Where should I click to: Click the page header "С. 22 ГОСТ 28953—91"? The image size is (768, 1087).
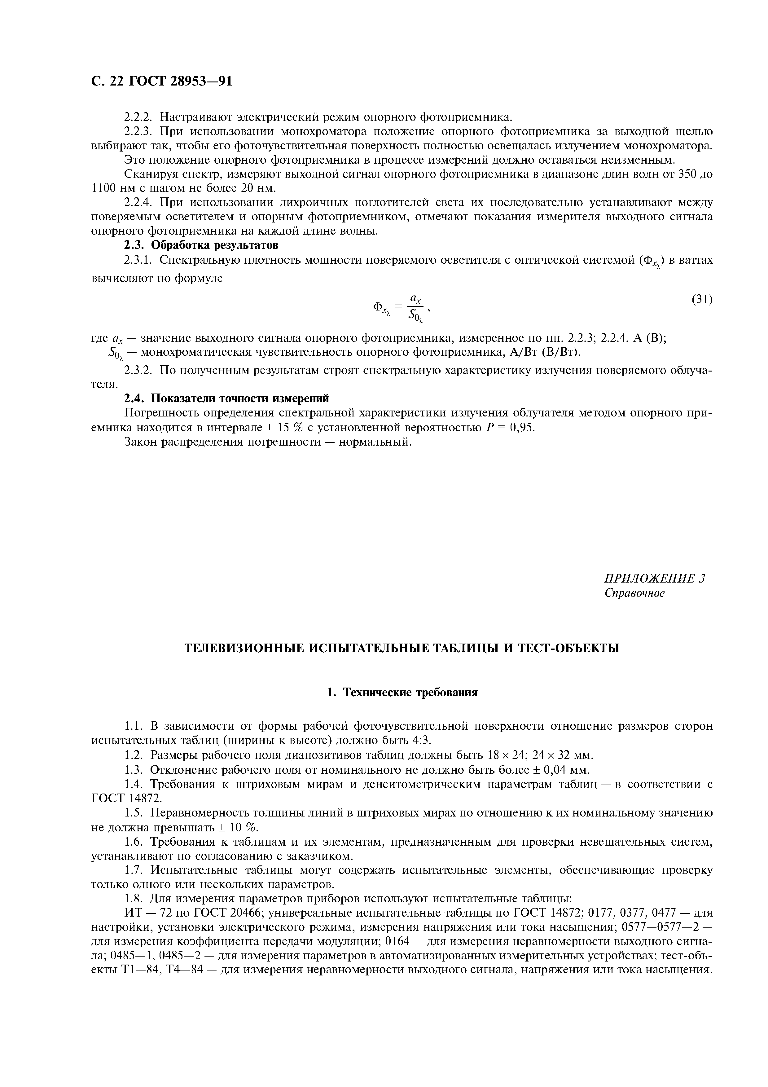coord(161,81)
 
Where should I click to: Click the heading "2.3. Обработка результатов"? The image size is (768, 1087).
coord(201,245)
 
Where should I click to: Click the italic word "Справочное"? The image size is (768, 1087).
coord(634,593)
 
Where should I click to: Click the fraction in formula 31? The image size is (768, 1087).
coord(416,307)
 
